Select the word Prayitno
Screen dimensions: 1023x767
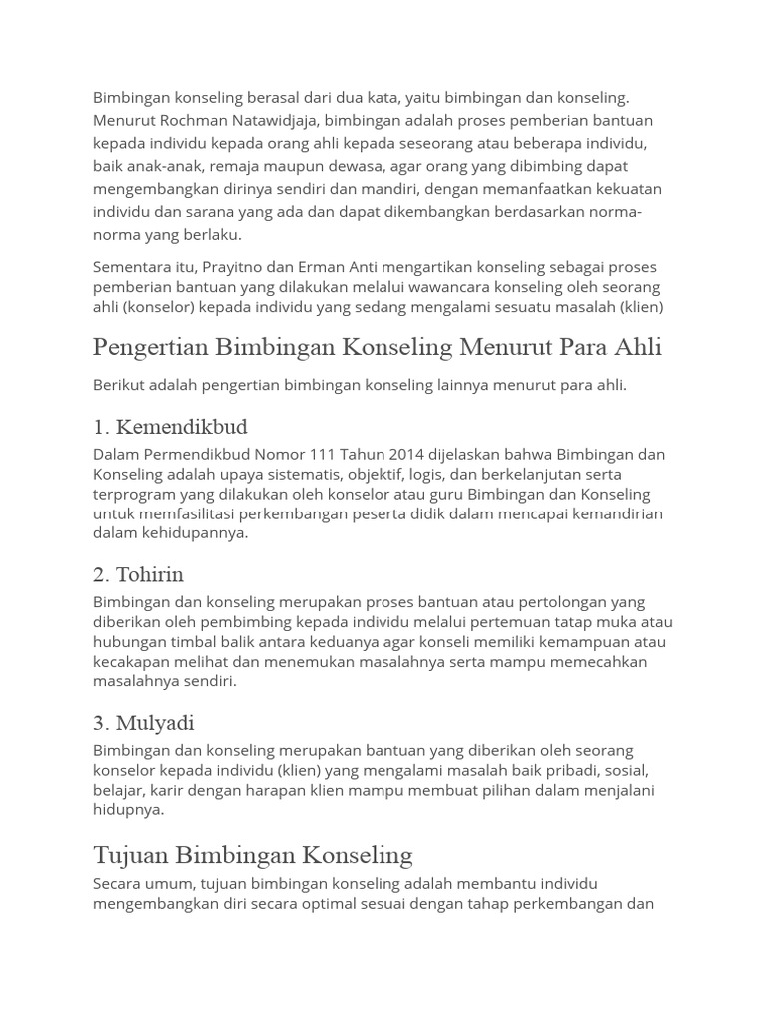click(236, 267)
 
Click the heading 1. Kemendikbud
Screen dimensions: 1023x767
click(170, 428)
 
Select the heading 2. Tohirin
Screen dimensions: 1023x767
click(138, 575)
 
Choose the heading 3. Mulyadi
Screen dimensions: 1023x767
click(144, 723)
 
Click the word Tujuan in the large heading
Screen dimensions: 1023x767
click(131, 855)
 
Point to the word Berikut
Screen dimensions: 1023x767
click(120, 385)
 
